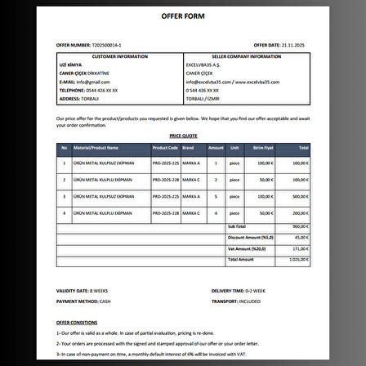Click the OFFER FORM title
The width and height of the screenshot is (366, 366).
183,16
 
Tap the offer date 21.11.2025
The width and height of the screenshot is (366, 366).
289,46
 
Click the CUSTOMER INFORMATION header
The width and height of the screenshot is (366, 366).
121,56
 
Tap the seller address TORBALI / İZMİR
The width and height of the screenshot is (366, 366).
204,97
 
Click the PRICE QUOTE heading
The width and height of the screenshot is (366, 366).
183,136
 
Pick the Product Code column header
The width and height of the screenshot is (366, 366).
165,148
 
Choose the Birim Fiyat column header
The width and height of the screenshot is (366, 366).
261,148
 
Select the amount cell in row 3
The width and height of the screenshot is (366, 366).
214,196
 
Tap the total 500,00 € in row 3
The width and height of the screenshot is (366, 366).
300,196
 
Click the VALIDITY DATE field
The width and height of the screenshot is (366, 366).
82,290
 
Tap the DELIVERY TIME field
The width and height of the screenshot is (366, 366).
238,290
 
